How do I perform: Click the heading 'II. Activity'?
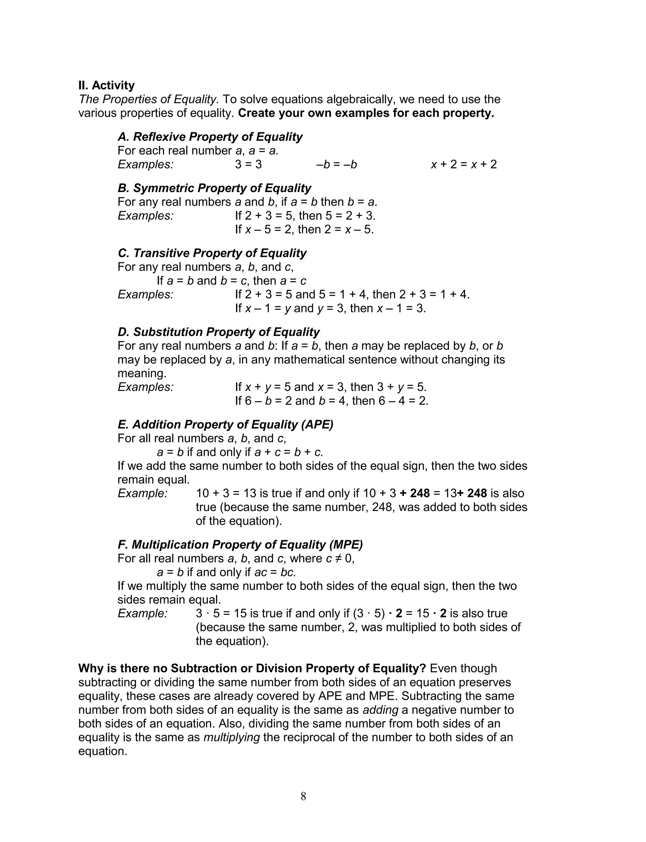pos(107,85)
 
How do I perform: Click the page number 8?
pos(303,796)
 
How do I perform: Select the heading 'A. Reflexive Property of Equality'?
pos(210,137)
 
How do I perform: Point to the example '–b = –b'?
pos(337,165)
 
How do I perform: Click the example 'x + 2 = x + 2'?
pos(464,165)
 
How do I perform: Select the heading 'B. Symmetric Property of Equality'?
pos(214,188)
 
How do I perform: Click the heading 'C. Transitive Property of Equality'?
pos(212,253)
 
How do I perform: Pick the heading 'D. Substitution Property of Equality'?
pos(218,332)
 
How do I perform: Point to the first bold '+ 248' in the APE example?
pos(414,493)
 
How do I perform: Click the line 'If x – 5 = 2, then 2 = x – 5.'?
pos(304,230)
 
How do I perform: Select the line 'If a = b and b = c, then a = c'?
pos(232,281)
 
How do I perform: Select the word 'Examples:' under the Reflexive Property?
pos(146,165)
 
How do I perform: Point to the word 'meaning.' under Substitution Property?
pos(142,373)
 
